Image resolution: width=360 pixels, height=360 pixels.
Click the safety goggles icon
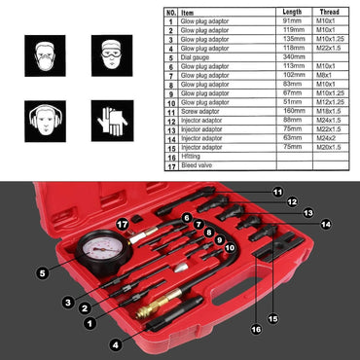click(x=110, y=51)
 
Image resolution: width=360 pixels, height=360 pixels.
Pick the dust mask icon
click(x=38, y=51)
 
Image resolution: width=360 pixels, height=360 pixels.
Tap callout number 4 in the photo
click(x=118, y=342)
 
